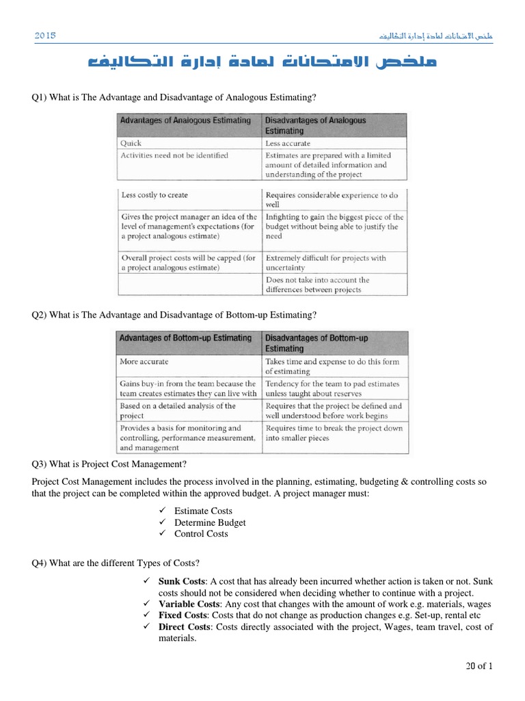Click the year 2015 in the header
point(44,35)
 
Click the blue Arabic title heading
point(262,64)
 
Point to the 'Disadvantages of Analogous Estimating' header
point(315,125)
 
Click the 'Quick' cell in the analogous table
point(131,144)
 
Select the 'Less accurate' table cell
point(288,144)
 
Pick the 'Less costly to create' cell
point(154,195)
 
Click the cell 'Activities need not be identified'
point(174,155)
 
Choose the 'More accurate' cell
point(144,361)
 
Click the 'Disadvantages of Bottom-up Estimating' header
point(317,343)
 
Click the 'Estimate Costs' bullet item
point(203,511)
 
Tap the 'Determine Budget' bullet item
point(210,522)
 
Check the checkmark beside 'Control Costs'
point(162,534)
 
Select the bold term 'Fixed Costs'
point(183,615)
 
